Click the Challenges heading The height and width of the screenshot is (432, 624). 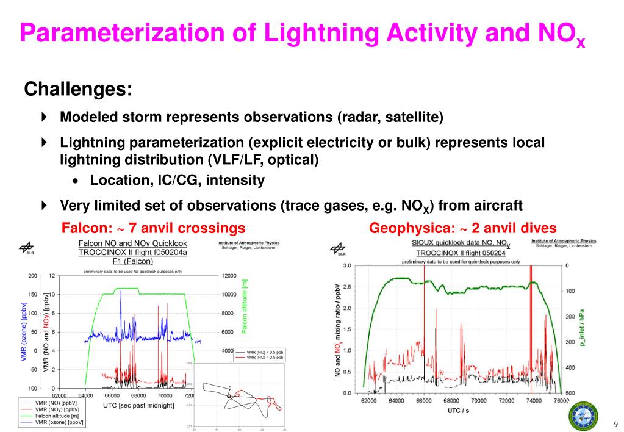pyautogui.click(x=78, y=89)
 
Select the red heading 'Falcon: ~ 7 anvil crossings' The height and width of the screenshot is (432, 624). pyautogui.click(x=154, y=228)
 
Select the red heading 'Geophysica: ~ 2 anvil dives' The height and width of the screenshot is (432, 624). pyautogui.click(x=463, y=228)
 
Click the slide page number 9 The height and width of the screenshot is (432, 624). pyautogui.click(x=615, y=425)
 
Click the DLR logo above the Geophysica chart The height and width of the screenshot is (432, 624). pyautogui.click(x=337, y=248)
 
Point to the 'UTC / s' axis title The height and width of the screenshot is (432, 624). pyautogui.click(x=455, y=411)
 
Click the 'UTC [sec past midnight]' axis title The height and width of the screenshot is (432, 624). pyautogui.click(x=138, y=405)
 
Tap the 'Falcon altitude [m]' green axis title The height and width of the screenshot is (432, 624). pyautogui.click(x=245, y=306)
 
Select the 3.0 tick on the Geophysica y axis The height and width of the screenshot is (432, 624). pyautogui.click(x=347, y=265)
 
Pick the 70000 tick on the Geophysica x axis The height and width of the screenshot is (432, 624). pyautogui.click(x=478, y=401)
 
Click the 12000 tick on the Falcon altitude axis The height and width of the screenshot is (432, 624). pyautogui.click(x=229, y=276)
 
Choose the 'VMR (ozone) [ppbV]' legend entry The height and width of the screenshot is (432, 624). pyautogui.click(x=59, y=422)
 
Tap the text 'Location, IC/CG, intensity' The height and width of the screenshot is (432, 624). pyautogui.click(x=177, y=180)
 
